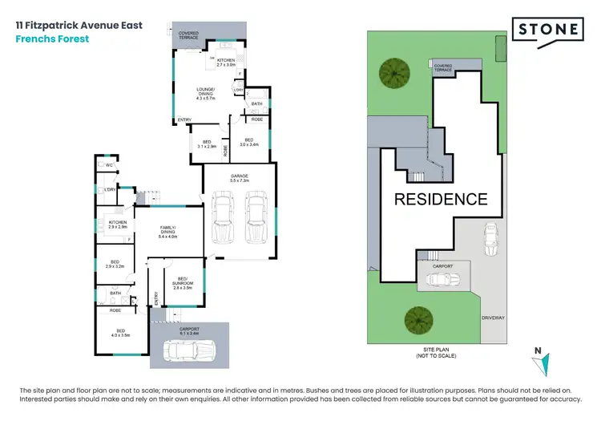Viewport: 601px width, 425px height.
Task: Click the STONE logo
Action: point(547,30)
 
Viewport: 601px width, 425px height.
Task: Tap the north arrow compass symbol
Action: point(544,361)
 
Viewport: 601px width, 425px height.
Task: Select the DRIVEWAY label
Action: point(494,318)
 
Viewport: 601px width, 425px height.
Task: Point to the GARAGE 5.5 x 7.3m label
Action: point(240,180)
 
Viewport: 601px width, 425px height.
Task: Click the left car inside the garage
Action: point(222,219)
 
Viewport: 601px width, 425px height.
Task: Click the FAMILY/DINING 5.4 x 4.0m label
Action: point(168,235)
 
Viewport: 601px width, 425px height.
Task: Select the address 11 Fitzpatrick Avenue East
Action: point(79,25)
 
